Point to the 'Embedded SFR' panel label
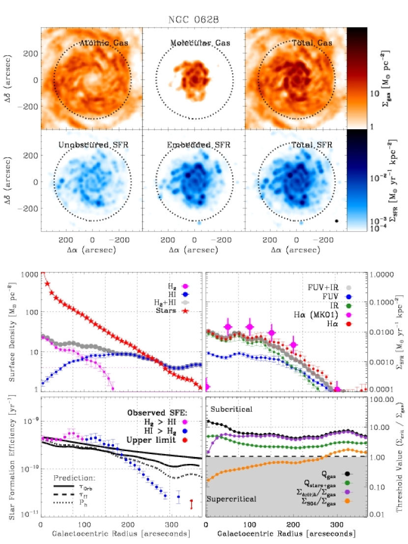(195, 145)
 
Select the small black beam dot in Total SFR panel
(336, 221)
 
